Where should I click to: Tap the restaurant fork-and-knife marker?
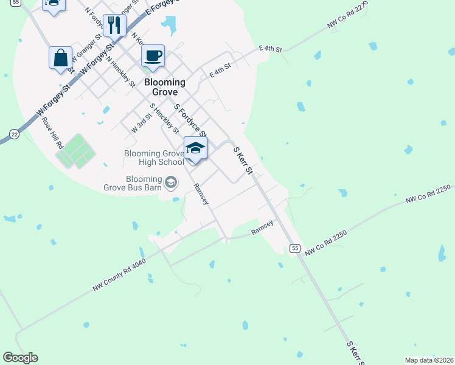[x=114, y=25]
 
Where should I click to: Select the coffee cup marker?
[x=153, y=56]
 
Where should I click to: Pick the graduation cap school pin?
[x=195, y=148]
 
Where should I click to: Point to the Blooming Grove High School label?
[x=153, y=158]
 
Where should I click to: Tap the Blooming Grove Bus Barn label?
[x=144, y=183]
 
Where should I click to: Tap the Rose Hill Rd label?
[x=52, y=133]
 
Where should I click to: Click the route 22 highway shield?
[x=13, y=134]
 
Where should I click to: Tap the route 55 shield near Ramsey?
[x=295, y=248]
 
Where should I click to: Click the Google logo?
[x=20, y=358]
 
